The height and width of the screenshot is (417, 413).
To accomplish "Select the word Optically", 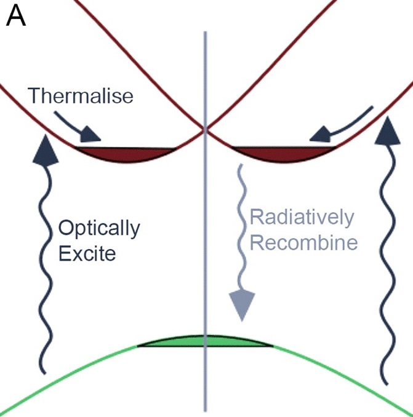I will tap(99, 229).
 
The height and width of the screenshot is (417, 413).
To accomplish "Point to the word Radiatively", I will tap(302, 218).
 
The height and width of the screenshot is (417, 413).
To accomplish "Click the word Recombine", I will tap(303, 242).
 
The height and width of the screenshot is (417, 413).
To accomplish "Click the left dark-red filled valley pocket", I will tap(126, 153).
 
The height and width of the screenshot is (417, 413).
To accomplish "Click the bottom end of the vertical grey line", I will tap(206, 408).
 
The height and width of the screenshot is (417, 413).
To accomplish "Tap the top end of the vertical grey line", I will tap(206, 32).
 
